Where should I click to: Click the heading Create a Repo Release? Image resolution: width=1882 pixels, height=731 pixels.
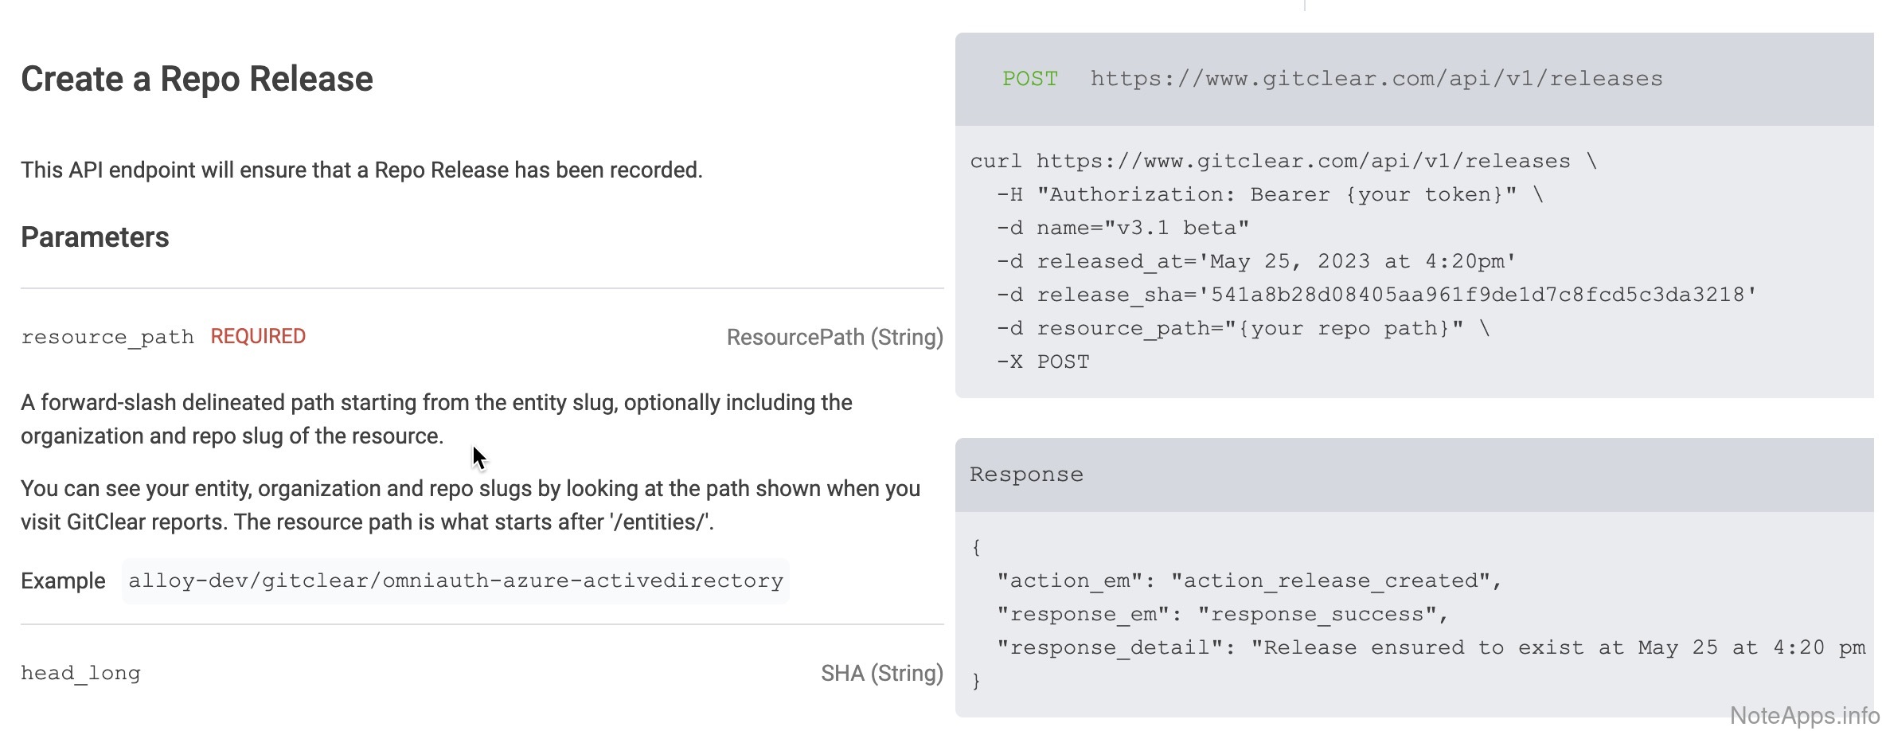tap(197, 79)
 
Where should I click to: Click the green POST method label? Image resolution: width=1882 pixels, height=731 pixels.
tap(1029, 79)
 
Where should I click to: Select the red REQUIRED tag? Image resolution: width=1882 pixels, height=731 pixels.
tap(258, 337)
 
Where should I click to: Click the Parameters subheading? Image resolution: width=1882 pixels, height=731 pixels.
tap(95, 237)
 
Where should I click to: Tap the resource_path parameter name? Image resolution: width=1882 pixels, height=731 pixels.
tap(107, 338)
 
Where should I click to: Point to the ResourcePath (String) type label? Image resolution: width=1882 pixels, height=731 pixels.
tap(834, 338)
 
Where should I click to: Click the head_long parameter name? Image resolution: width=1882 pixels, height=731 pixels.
tap(80, 674)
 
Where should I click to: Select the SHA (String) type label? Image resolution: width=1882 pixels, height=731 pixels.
tap(881, 674)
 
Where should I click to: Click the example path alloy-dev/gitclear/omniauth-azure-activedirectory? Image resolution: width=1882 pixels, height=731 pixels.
tap(455, 581)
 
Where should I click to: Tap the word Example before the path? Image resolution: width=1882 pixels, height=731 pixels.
tap(63, 581)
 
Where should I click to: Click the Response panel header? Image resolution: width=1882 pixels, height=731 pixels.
tap(1026, 475)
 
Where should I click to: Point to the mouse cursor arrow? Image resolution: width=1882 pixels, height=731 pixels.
tap(478, 458)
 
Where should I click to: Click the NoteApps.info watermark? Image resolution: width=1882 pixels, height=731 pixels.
tap(1804, 715)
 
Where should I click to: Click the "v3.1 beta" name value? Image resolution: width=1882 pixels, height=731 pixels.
tap(1177, 229)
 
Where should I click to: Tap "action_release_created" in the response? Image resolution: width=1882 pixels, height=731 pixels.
tap(1330, 581)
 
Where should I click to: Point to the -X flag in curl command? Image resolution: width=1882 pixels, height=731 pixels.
tap(1009, 362)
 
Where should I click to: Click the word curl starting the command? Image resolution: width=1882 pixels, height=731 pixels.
tap(995, 162)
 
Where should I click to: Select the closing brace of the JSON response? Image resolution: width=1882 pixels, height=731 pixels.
tap(976, 682)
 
